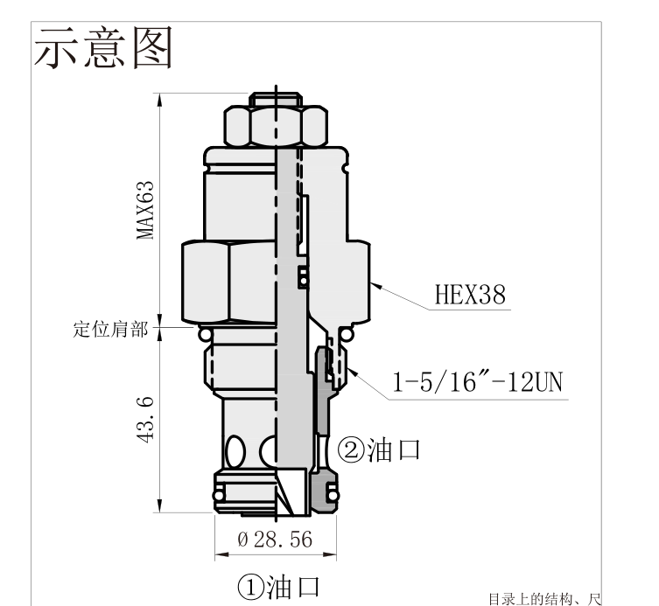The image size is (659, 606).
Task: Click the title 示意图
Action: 103,47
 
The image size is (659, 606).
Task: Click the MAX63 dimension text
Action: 145,210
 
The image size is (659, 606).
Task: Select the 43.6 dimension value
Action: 145,420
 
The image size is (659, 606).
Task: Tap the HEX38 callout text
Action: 470,294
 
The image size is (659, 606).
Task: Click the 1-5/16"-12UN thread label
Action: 477,382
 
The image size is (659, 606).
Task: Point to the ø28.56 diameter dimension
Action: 275,540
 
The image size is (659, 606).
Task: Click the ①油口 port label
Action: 278,587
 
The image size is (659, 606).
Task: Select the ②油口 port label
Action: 379,449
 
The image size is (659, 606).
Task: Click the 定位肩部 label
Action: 110,330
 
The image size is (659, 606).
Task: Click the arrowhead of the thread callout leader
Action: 352,372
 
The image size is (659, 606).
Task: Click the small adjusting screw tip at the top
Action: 276,100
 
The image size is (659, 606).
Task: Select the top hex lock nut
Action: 276,126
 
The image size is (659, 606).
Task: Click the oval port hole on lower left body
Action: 235,452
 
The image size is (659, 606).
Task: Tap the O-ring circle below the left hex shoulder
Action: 205,335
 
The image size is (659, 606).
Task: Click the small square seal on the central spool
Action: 303,276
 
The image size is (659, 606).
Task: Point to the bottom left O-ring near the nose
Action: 219,495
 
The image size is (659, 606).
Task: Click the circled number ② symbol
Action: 351,450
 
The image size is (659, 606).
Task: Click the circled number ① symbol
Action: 250,588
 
